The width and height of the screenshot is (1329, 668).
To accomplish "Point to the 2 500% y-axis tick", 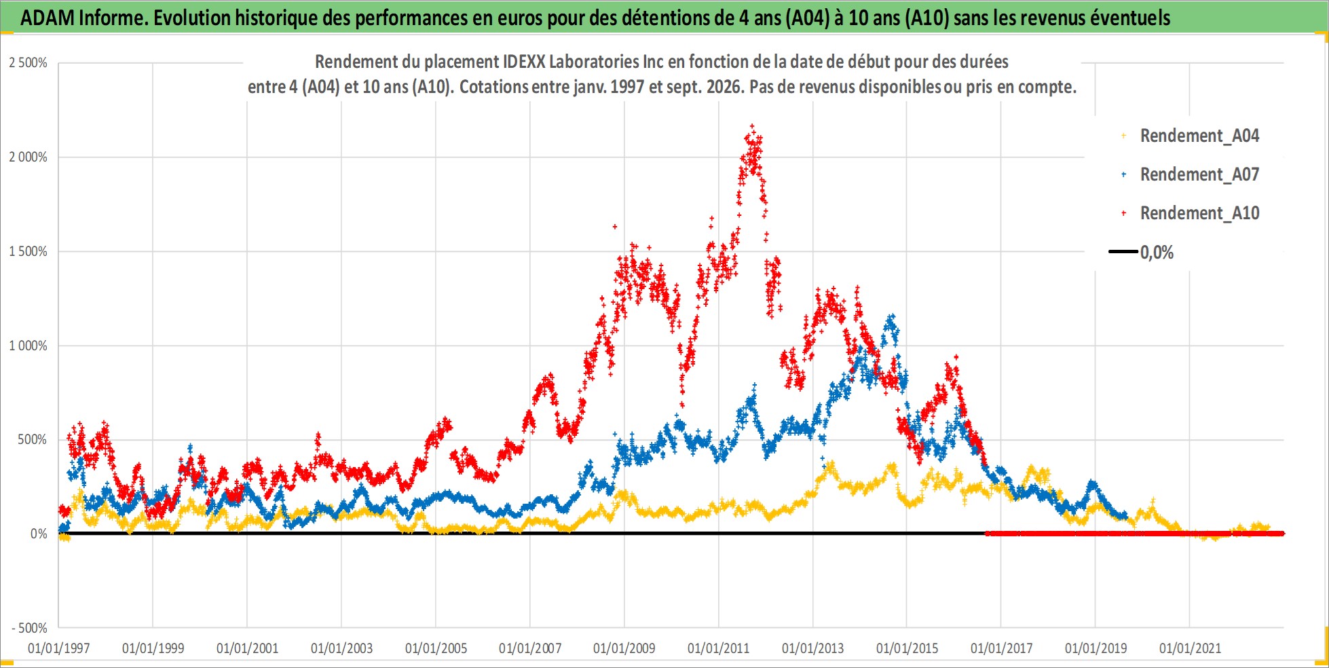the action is pyautogui.click(x=29, y=63).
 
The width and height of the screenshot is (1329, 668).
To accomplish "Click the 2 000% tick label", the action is pyautogui.click(x=29, y=157).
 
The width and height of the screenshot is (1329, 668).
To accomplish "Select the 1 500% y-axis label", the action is pyautogui.click(x=29, y=251).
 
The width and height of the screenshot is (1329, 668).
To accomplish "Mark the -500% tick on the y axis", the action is pyautogui.click(x=30, y=628).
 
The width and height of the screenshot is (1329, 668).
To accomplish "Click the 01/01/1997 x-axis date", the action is pyautogui.click(x=59, y=648).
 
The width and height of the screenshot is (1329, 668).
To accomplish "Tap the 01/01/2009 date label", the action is pyautogui.click(x=624, y=648).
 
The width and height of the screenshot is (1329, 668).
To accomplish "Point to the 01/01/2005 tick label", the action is pyautogui.click(x=436, y=648).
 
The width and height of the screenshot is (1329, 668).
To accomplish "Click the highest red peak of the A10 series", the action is pyautogui.click(x=751, y=126).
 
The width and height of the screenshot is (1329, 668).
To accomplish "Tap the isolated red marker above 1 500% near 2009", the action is pyautogui.click(x=615, y=227).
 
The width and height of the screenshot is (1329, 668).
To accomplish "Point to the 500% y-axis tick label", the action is pyautogui.click(x=33, y=439).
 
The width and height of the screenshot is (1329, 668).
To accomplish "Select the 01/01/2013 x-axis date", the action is pyautogui.click(x=813, y=648).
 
